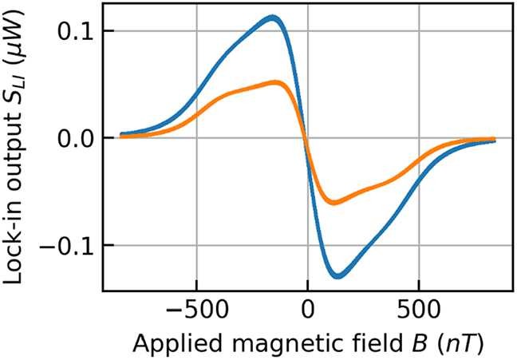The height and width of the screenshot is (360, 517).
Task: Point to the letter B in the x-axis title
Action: pos(422,343)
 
